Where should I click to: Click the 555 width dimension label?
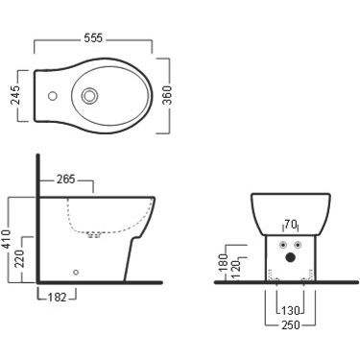click(93, 38)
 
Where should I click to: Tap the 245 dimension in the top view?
click(15, 95)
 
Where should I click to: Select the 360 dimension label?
click(167, 95)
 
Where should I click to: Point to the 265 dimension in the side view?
click(65, 180)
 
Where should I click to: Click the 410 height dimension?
click(6, 239)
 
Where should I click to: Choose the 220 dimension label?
click(19, 259)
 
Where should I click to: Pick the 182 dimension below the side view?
click(58, 298)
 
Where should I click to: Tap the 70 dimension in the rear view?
click(290, 225)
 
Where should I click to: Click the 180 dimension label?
click(224, 262)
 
